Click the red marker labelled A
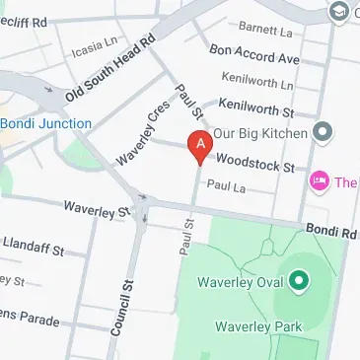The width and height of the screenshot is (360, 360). pyautogui.click(x=200, y=147)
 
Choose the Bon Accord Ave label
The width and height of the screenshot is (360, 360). pyautogui.click(x=254, y=54)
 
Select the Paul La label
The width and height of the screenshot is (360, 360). pyautogui.click(x=225, y=185)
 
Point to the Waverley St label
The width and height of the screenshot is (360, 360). pyautogui.click(x=96, y=209)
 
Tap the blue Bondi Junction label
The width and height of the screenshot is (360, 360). pyautogui.click(x=45, y=123)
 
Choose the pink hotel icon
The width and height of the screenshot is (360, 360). pyautogui.click(x=319, y=181)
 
